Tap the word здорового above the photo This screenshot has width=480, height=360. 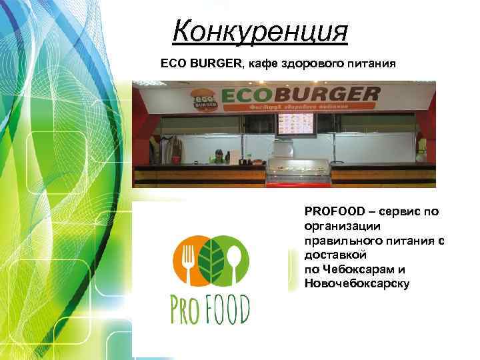(x=315, y=64)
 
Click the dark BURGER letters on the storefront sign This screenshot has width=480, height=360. (x=333, y=94)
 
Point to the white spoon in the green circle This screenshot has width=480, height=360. (x=235, y=257)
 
